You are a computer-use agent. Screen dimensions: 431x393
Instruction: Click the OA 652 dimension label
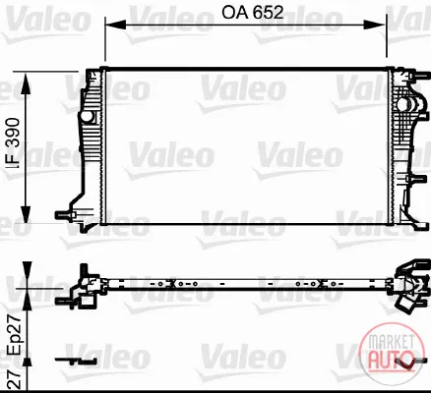pyautogui.click(x=252, y=13)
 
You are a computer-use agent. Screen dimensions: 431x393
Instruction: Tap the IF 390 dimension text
pyautogui.click(x=13, y=143)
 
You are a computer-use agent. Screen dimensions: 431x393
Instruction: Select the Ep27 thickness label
pyautogui.click(x=15, y=335)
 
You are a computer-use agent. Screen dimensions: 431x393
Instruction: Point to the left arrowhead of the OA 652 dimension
pyautogui.click(x=115, y=25)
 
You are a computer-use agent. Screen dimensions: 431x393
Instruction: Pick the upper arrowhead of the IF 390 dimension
pyautogui.click(x=26, y=84)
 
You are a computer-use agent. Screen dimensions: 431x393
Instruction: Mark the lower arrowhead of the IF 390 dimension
pyautogui.click(x=26, y=214)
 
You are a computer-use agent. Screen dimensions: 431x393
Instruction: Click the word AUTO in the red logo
pyautogui.click(x=391, y=359)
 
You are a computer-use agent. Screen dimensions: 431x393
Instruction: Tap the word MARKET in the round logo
pyautogui.click(x=391, y=342)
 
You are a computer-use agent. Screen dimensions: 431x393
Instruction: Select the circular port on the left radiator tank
pyautogui.click(x=87, y=117)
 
